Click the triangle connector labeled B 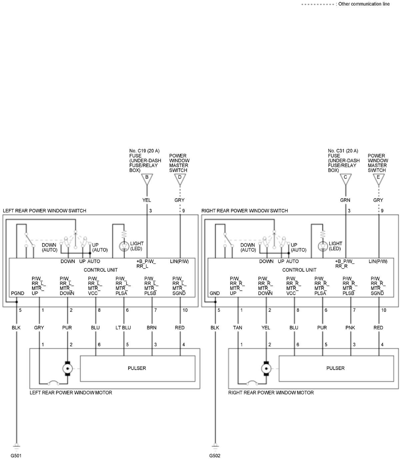pyautogui.click(x=147, y=179)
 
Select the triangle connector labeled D pyautogui.click(x=180, y=179)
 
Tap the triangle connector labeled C pyautogui.click(x=345, y=179)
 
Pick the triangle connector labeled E pyautogui.click(x=378, y=179)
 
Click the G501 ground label pyautogui.click(x=16, y=456)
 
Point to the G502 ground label pyautogui.click(x=215, y=456)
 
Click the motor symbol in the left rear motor pyautogui.click(x=67, y=368)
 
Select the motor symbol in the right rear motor pyautogui.click(x=266, y=368)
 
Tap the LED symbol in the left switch pyautogui.click(x=124, y=246)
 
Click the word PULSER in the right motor pyautogui.click(x=335, y=368)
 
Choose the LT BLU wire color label pyautogui.click(x=123, y=328)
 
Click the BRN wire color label pyautogui.click(x=152, y=328)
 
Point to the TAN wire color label pyautogui.click(x=237, y=328)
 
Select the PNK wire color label pyautogui.click(x=350, y=328)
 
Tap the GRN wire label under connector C pyautogui.click(x=345, y=200)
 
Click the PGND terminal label pyautogui.click(x=18, y=293)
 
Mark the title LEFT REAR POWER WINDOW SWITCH pyautogui.click(x=45, y=211)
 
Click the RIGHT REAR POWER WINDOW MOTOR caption pyautogui.click(x=271, y=393)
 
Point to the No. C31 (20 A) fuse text pyautogui.click(x=343, y=151)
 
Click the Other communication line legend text pyautogui.click(x=364, y=4)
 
